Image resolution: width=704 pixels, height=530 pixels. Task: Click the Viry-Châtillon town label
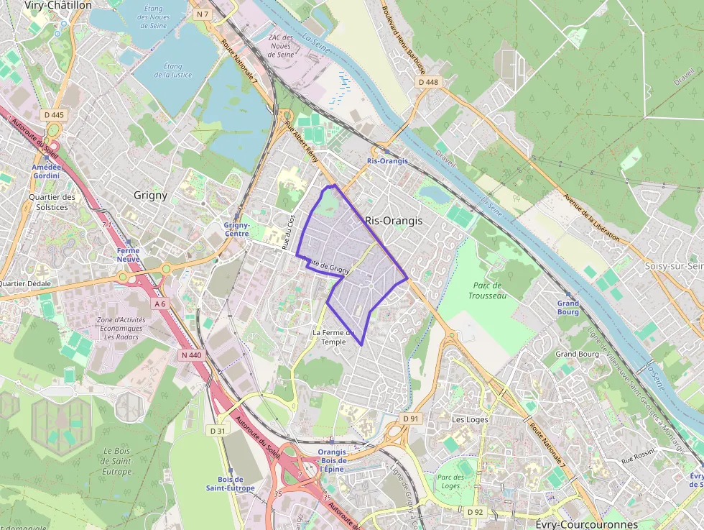(58, 5)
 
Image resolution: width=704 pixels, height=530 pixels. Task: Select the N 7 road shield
(203, 14)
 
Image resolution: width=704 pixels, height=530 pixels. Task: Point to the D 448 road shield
(427, 82)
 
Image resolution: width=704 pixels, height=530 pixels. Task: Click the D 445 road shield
(54, 114)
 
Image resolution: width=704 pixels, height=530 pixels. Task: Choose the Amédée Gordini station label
(46, 171)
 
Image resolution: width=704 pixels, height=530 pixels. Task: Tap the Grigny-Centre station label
(236, 229)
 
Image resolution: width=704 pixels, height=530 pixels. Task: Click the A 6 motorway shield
(159, 304)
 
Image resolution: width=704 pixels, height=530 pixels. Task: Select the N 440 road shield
(192, 355)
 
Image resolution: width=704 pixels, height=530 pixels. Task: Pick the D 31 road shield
(218, 430)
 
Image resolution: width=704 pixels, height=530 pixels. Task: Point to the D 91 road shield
(410, 418)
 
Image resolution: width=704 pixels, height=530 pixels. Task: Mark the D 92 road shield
(475, 511)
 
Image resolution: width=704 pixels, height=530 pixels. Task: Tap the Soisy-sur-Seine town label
(674, 265)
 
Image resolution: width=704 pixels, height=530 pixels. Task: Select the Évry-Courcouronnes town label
(587, 524)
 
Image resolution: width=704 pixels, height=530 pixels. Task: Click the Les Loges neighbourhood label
(470, 419)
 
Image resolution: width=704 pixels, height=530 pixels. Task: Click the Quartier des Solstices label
(52, 202)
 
